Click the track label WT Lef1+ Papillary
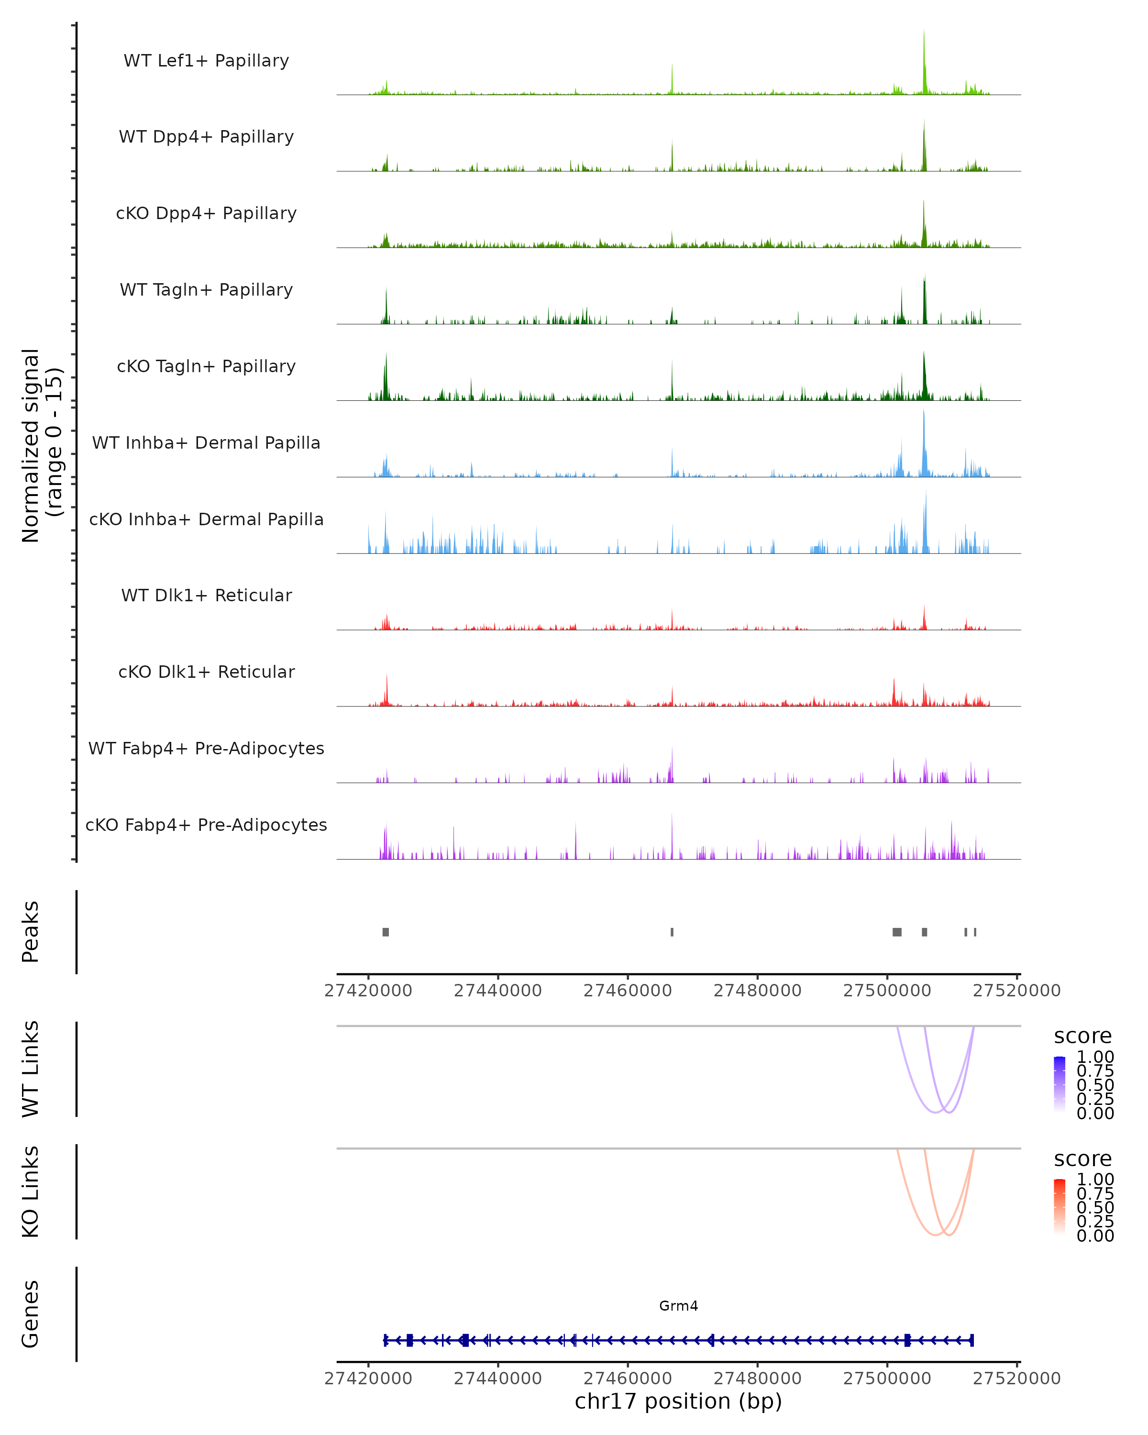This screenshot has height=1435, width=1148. coord(206,61)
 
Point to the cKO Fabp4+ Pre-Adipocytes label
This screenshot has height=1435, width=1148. coord(206,825)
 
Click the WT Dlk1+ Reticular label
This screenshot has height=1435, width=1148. coord(206,595)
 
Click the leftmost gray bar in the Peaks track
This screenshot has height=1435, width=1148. coord(386,932)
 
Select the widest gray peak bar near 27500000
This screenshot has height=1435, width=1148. coord(896,932)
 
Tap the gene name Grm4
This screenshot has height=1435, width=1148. coord(678,1306)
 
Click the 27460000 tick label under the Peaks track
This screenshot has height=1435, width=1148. coord(627,991)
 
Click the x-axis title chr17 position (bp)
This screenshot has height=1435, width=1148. coord(678,1402)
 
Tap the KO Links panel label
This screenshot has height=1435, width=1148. coord(31,1192)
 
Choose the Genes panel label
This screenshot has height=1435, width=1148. coord(31,1314)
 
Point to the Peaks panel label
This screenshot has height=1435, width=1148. coord(31,931)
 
